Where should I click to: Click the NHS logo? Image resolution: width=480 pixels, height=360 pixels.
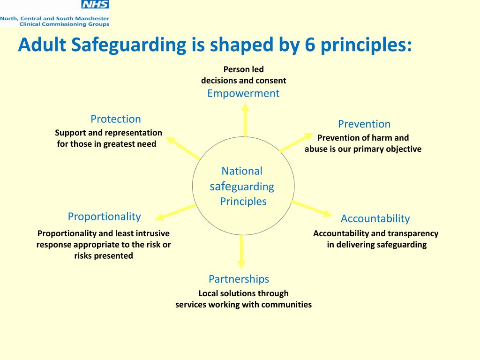[x=95, y=5]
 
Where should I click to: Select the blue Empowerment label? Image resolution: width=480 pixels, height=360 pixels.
[x=243, y=93]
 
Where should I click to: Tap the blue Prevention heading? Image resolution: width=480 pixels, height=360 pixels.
[x=364, y=124]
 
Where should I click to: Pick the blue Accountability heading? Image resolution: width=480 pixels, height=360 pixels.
[x=375, y=218]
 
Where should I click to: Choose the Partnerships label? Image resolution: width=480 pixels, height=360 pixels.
[x=239, y=279]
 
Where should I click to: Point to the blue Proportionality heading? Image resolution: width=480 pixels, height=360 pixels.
[x=104, y=217]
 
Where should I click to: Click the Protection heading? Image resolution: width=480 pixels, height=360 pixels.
[x=116, y=119]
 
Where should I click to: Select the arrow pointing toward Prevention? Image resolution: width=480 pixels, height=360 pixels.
[x=296, y=142]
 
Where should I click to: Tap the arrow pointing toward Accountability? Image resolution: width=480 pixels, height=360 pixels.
[x=311, y=208]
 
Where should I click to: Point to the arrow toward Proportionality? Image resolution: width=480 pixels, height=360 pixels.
[x=175, y=212]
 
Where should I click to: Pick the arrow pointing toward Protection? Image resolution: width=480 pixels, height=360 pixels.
[x=183, y=147]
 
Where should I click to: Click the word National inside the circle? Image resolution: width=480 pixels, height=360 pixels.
[x=242, y=171]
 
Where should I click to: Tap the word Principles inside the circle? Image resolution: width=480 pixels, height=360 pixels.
[x=243, y=202]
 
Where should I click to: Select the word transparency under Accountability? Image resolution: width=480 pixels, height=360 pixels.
[x=413, y=233]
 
